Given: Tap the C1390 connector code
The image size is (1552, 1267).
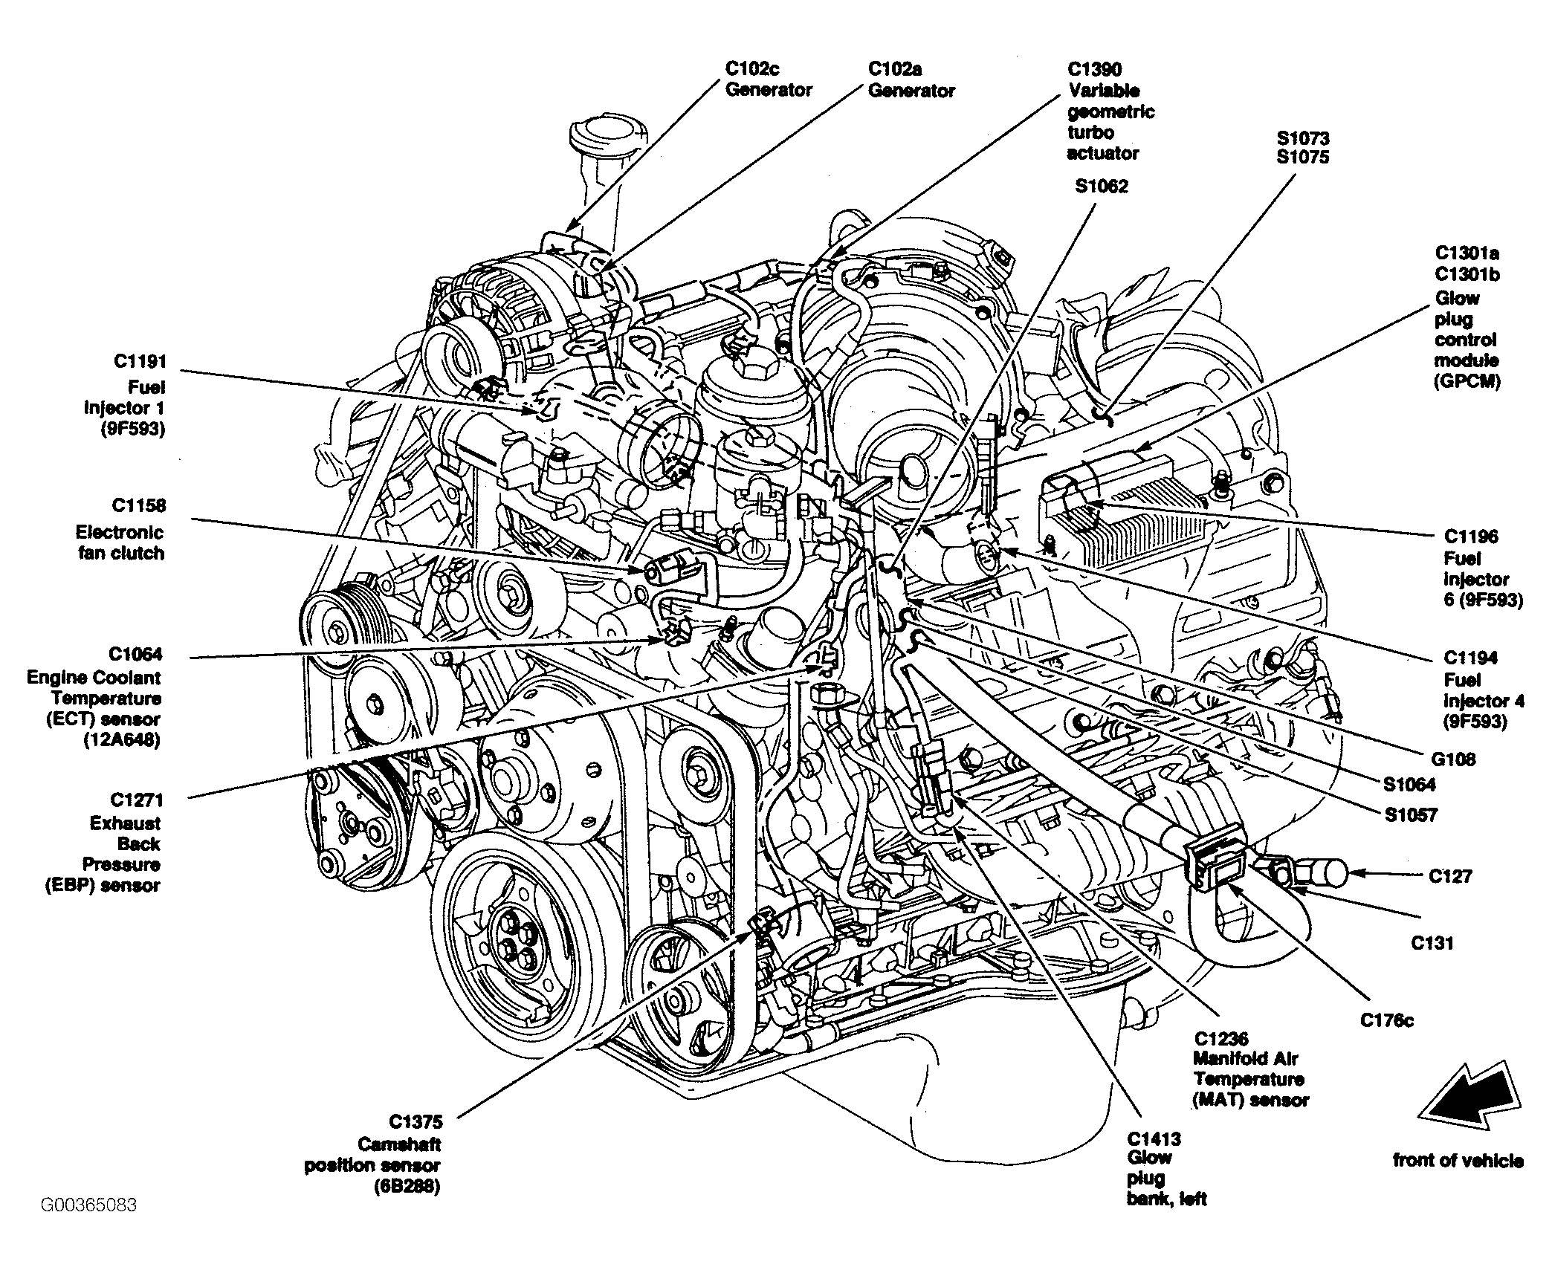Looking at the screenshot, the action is pyautogui.click(x=1095, y=69).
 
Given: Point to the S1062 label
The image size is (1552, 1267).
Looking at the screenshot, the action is pyautogui.click(x=1101, y=186).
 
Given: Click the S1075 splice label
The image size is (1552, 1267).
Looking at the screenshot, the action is pyautogui.click(x=1303, y=158).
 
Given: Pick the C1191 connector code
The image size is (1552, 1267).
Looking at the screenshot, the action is pyautogui.click(x=140, y=362).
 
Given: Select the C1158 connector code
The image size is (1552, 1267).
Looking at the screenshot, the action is pyautogui.click(x=139, y=505).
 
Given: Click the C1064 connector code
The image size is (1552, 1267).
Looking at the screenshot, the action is pyautogui.click(x=135, y=654).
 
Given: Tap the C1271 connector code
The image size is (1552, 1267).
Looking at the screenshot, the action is pyautogui.click(x=136, y=800).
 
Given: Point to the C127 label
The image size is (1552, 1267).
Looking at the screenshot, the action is pyautogui.click(x=1450, y=876).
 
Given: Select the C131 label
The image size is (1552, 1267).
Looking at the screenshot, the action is pyautogui.click(x=1432, y=943).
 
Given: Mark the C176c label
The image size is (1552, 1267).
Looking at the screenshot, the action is pyautogui.click(x=1387, y=1020).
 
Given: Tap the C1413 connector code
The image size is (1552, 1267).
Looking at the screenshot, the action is pyautogui.click(x=1154, y=1139).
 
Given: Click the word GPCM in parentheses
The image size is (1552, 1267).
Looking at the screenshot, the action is pyautogui.click(x=1467, y=381).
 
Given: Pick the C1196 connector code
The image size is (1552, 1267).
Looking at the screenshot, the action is pyautogui.click(x=1472, y=537).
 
